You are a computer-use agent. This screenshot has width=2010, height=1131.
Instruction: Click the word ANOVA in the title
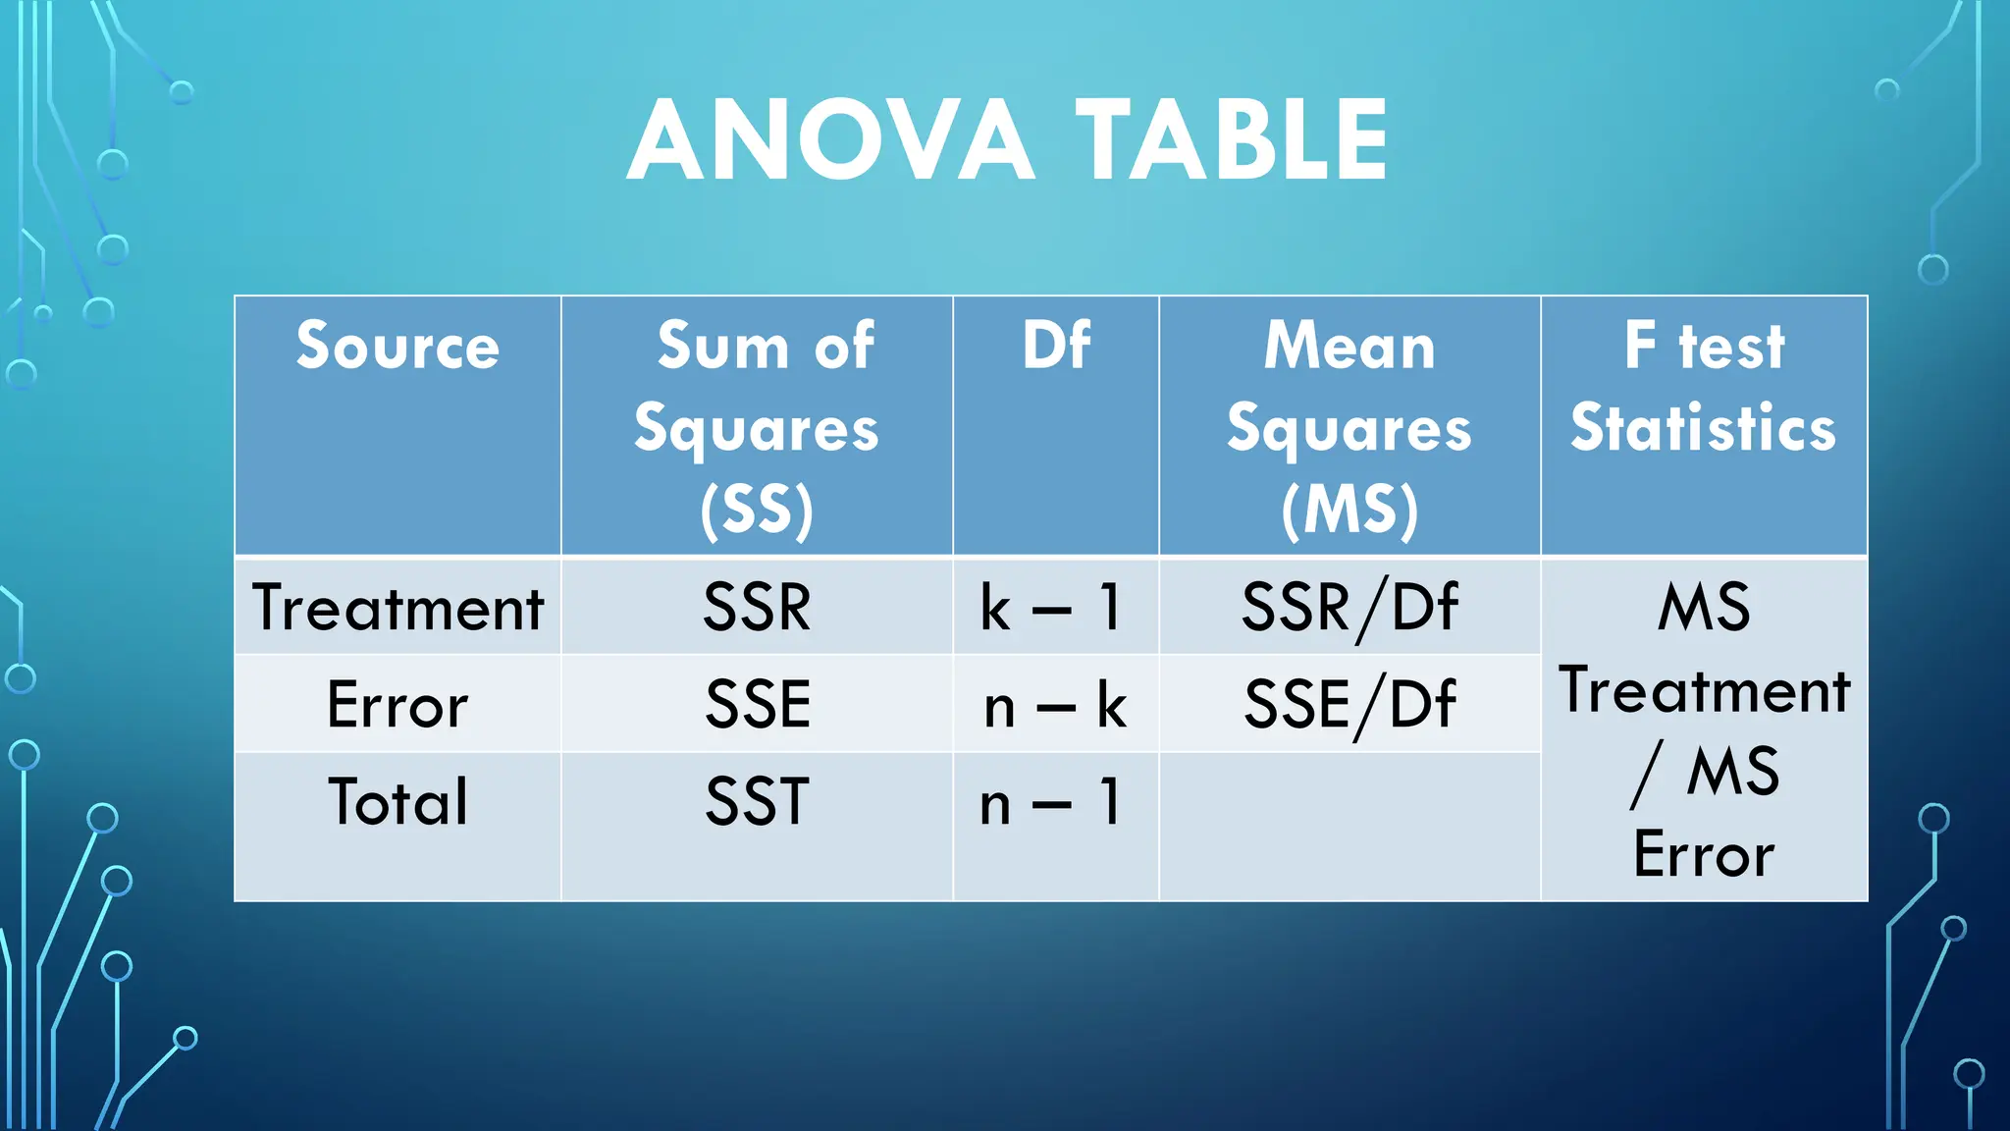[830, 140]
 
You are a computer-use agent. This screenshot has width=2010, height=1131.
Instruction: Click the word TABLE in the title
[1232, 140]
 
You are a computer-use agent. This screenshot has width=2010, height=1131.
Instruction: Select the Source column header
[397, 346]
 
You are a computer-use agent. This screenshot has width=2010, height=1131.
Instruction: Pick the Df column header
[1055, 346]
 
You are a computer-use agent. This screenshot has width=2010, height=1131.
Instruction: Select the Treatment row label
[397, 608]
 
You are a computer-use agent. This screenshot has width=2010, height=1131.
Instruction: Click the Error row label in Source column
[397, 705]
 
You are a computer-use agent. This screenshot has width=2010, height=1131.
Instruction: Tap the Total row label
[397, 802]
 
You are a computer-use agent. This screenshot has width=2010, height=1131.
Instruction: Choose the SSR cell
[757, 608]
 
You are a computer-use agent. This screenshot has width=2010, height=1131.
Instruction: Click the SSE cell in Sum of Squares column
[757, 705]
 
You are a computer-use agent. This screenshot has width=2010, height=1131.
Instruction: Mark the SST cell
[757, 802]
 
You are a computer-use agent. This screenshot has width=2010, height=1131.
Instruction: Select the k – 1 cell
[1050, 608]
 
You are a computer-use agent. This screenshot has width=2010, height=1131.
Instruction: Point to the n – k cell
[1055, 705]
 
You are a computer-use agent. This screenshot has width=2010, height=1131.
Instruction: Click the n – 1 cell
[1050, 802]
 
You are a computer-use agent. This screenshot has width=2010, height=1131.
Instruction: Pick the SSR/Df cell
[1349, 608]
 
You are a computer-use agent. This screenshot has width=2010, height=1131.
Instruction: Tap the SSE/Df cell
[1349, 705]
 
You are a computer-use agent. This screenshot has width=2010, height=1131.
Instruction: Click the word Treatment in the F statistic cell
[1704, 690]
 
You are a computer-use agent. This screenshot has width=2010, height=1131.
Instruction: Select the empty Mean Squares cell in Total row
[1349, 826]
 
